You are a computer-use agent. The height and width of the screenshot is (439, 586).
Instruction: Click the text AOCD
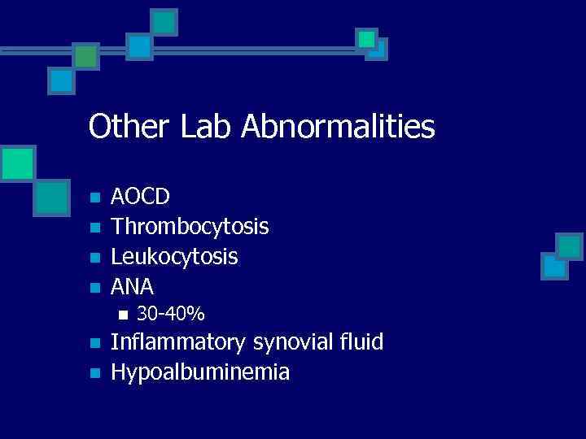tap(141, 197)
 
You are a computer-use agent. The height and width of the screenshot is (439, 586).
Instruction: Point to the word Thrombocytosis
tap(190, 228)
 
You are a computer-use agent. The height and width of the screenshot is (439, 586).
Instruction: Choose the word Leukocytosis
tap(174, 257)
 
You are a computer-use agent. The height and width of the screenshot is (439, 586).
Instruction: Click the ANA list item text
tap(132, 286)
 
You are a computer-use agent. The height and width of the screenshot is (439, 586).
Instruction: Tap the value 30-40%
tap(170, 313)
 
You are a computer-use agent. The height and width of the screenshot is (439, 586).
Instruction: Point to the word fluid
tap(361, 342)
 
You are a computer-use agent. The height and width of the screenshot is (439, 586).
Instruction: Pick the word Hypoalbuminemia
tap(200, 372)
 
